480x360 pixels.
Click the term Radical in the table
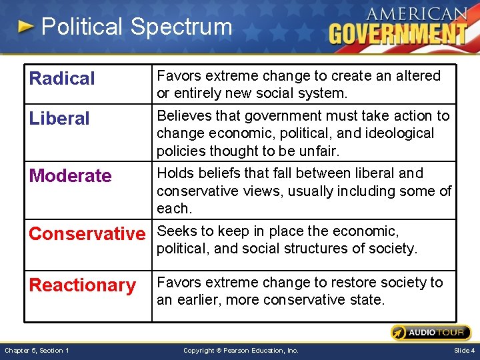coord(62,79)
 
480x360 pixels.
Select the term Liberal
coord(59,119)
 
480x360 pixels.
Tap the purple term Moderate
coord(70,176)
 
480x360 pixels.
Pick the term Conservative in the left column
coord(87,234)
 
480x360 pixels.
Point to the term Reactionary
coord(83,285)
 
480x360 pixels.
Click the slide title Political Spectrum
coord(137,27)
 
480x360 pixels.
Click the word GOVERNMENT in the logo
coord(398,33)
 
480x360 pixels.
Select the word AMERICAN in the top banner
coord(417,13)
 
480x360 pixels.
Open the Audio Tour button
coord(431,333)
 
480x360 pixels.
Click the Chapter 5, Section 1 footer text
coord(37,350)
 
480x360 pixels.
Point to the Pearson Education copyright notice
coord(241,350)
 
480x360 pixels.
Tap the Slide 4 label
coord(464,350)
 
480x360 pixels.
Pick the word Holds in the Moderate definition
coord(175,173)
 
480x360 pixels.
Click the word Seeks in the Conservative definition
coord(175,231)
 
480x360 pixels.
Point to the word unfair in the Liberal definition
coord(319,151)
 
